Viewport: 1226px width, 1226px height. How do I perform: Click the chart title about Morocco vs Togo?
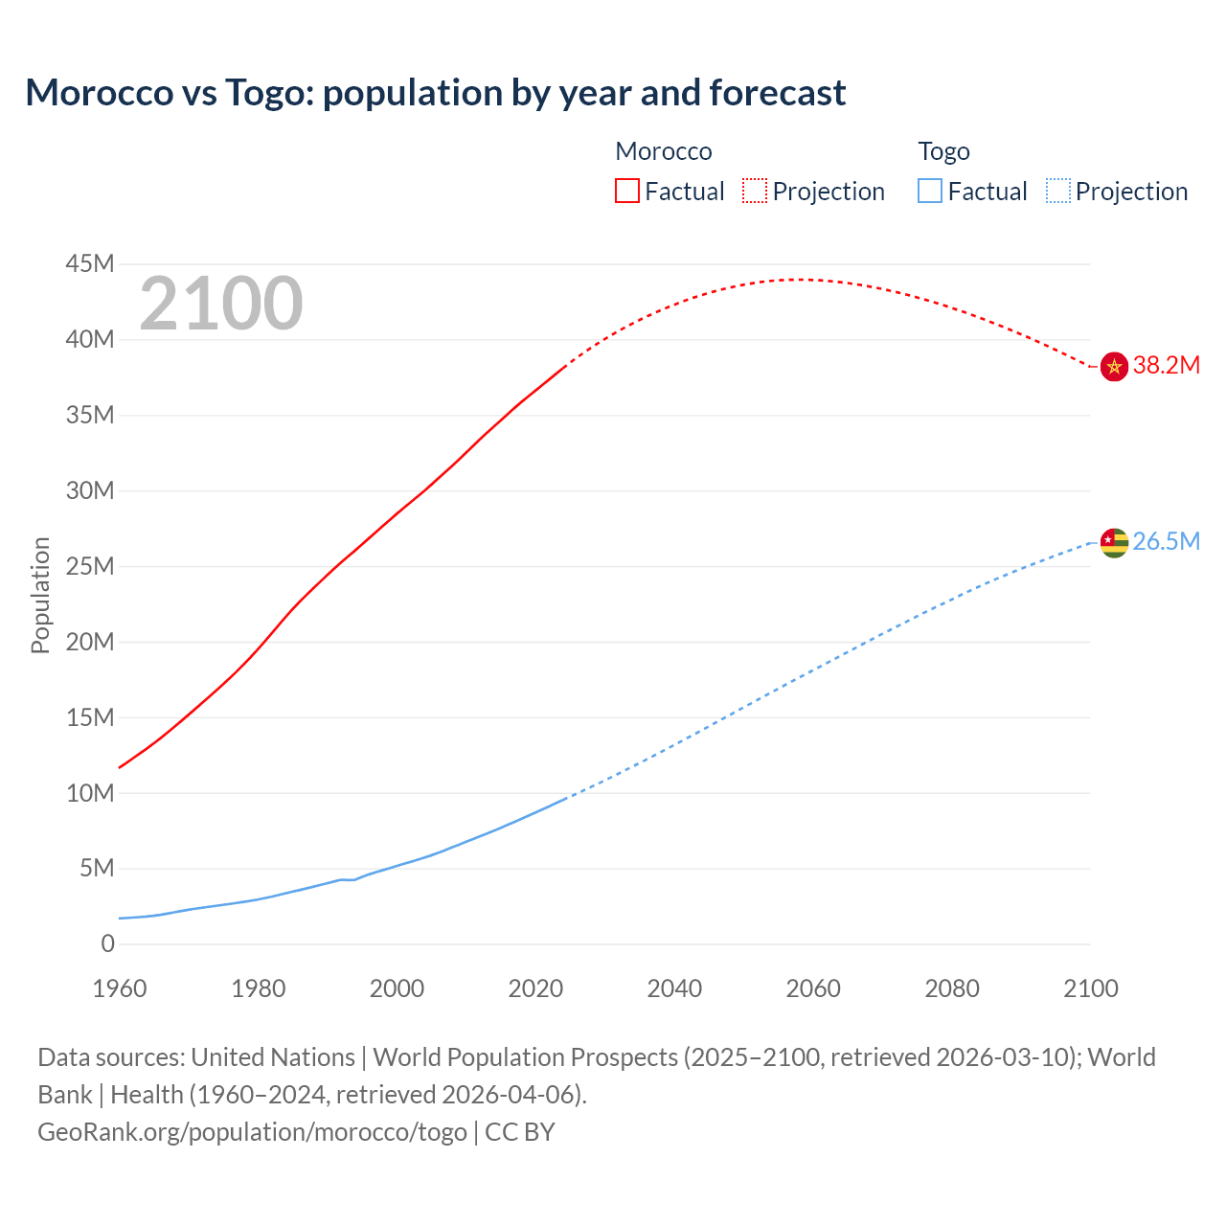click(436, 93)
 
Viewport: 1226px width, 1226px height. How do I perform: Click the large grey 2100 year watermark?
click(221, 304)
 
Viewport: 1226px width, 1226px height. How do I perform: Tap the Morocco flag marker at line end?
click(1114, 366)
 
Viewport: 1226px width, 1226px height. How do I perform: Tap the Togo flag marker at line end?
click(1114, 542)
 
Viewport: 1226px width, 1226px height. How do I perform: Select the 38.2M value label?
click(1166, 365)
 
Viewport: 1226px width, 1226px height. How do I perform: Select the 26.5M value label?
click(1166, 541)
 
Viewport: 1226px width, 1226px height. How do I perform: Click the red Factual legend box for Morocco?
click(627, 191)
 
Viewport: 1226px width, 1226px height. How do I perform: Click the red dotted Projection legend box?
click(755, 191)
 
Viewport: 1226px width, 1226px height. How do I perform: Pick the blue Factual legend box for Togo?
click(930, 191)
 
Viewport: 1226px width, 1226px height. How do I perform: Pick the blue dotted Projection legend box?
click(1058, 191)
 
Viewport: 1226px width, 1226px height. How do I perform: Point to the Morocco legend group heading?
click(663, 151)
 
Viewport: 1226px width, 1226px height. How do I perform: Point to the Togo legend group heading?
click(943, 151)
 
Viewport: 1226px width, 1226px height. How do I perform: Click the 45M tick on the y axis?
click(90, 263)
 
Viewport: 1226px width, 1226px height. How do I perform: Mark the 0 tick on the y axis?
click(107, 943)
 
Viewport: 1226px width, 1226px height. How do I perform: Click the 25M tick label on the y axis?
click(90, 566)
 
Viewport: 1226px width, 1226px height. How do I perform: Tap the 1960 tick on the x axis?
click(120, 988)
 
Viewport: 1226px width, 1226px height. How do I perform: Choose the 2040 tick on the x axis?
click(674, 988)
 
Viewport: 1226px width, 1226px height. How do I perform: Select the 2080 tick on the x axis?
click(952, 988)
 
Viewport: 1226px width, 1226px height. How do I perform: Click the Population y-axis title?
click(40, 595)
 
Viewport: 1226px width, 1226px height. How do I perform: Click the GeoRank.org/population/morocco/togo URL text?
click(252, 1132)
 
